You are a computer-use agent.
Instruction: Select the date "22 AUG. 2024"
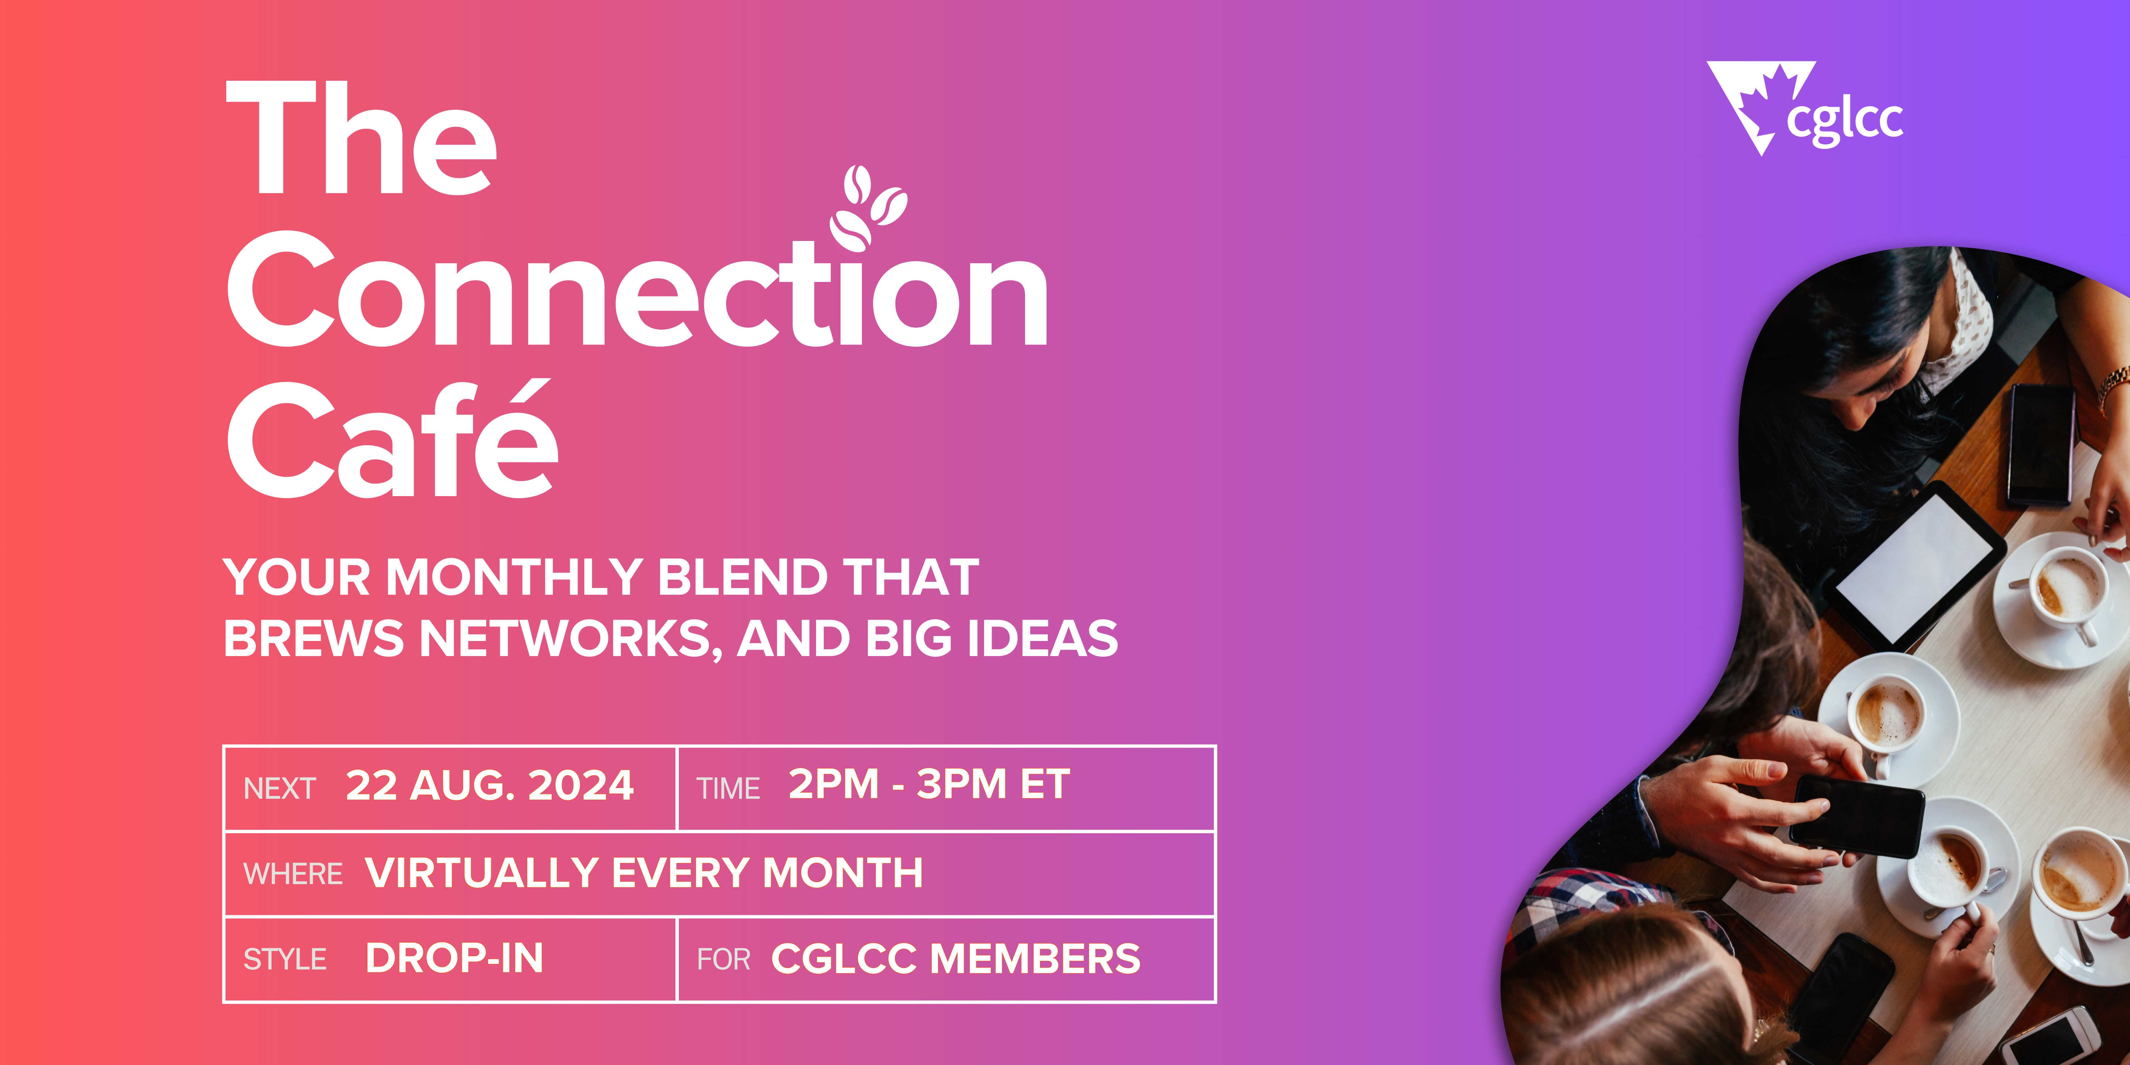489,785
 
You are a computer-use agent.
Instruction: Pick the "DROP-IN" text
454,958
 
